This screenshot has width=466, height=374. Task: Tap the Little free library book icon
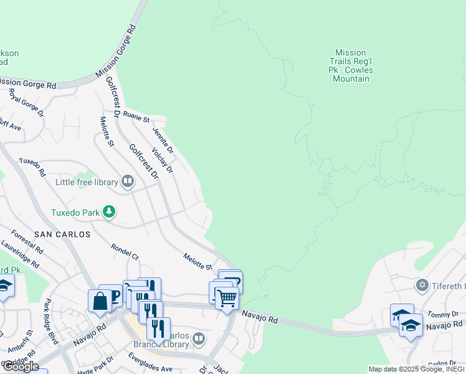tap(128, 181)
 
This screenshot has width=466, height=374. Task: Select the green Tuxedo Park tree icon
tap(109, 212)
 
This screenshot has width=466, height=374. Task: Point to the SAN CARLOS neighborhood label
tap(62, 234)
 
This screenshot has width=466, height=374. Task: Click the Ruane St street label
tap(136, 116)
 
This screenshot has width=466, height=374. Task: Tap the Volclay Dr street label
tap(162, 160)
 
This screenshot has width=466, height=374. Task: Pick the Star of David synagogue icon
tap(422, 285)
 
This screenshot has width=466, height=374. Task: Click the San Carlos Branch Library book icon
tap(198, 339)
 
